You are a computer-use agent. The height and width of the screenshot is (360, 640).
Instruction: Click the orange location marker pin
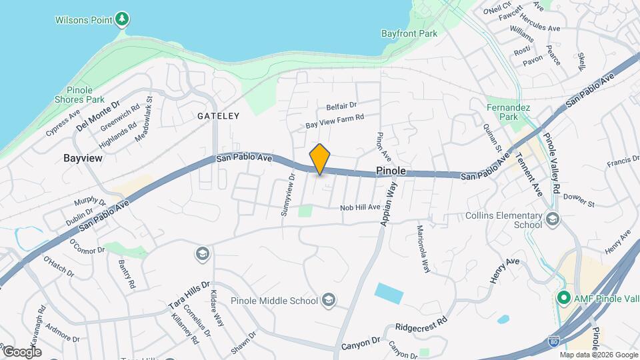point(320,159)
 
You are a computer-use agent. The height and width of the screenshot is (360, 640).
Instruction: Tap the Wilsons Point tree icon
point(121,19)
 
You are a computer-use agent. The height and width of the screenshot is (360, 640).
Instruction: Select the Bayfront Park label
point(408,33)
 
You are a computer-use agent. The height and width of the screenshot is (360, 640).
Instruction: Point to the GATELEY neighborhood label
point(218,115)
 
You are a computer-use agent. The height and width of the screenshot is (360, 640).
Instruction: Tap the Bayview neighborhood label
point(82,158)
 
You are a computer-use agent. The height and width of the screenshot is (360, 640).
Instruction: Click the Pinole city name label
point(391,171)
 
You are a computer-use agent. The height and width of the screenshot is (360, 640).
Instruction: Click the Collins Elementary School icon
point(552,218)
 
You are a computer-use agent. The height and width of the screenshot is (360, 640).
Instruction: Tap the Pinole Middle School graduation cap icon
point(327,300)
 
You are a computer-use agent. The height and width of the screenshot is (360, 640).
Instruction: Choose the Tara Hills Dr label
point(189,295)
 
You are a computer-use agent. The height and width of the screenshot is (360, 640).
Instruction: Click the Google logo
point(22,351)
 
